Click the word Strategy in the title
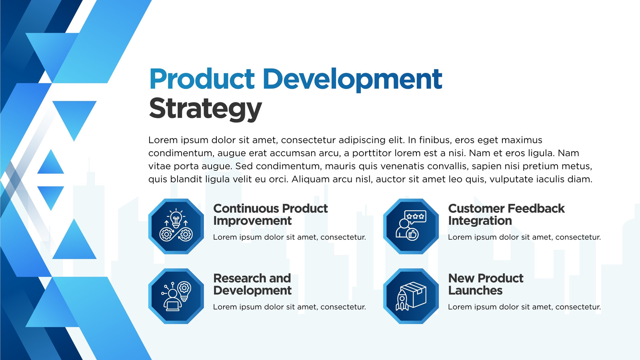205,109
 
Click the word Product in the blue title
202,79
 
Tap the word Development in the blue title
352,80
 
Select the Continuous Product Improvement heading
270,214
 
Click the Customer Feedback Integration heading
506,214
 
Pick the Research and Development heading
252,284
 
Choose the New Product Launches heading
486,284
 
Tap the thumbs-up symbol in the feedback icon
412,234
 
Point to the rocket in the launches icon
402,300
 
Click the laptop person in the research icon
172,300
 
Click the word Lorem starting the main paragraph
162,140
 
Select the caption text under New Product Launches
524,307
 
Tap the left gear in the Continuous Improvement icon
166,234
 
